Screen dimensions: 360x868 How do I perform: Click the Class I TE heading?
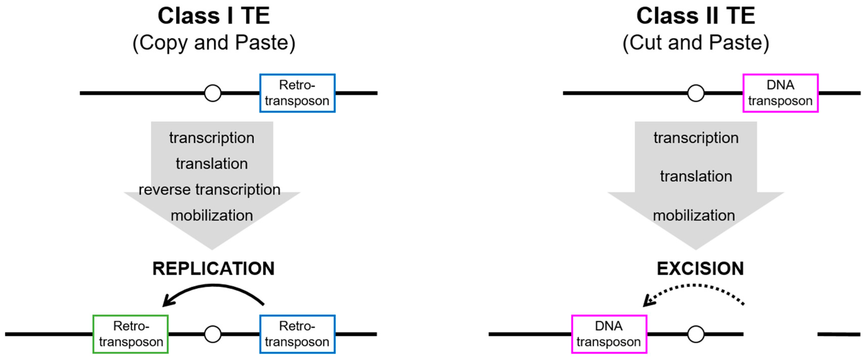[214, 16]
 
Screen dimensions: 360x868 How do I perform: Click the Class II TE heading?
[696, 16]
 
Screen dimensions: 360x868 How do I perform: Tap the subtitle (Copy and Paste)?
[214, 43]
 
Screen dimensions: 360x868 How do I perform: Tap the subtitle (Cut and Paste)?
[696, 43]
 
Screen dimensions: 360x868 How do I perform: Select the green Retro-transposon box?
[131, 334]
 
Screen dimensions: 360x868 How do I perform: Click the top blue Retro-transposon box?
[297, 93]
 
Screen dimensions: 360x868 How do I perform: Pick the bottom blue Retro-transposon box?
[297, 334]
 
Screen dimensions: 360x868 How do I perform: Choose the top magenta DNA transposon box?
[780, 93]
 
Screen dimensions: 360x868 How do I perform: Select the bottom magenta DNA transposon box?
[609, 334]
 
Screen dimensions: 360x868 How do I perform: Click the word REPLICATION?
[214, 269]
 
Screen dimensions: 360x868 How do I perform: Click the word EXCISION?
[700, 269]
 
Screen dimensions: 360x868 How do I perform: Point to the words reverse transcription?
[210, 189]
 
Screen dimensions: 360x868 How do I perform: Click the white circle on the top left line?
[213, 93]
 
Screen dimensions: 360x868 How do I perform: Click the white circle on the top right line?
[696, 93]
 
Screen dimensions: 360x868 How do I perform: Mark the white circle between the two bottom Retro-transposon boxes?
[213, 334]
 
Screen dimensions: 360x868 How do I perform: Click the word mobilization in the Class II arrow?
[694, 215]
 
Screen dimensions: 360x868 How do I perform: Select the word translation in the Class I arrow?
[212, 164]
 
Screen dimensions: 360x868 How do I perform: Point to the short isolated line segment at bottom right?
[839, 334]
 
